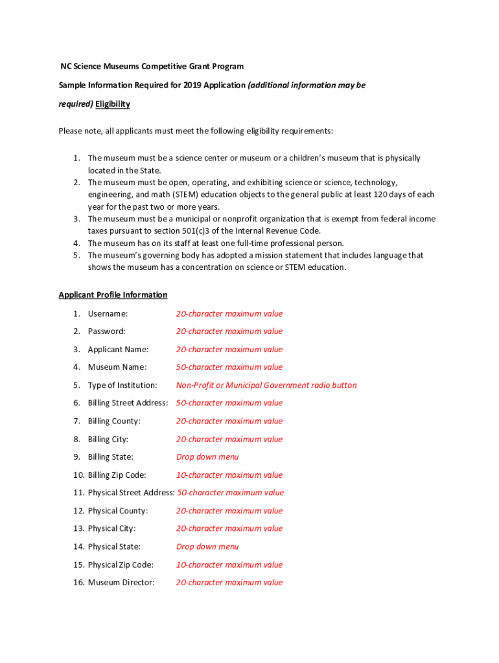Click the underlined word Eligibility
click(113, 104)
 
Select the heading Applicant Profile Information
click(113, 295)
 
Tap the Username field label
click(108, 313)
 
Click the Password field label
click(107, 331)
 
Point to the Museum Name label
click(117, 366)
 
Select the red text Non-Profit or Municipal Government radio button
click(266, 385)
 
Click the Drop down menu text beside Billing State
click(207, 456)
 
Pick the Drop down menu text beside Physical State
click(207, 546)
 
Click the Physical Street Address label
click(131, 492)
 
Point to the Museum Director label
click(121, 582)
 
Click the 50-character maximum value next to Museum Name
click(229, 366)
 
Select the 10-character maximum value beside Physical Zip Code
click(229, 565)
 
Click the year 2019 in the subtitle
click(192, 85)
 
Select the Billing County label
click(114, 421)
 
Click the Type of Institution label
click(122, 385)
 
